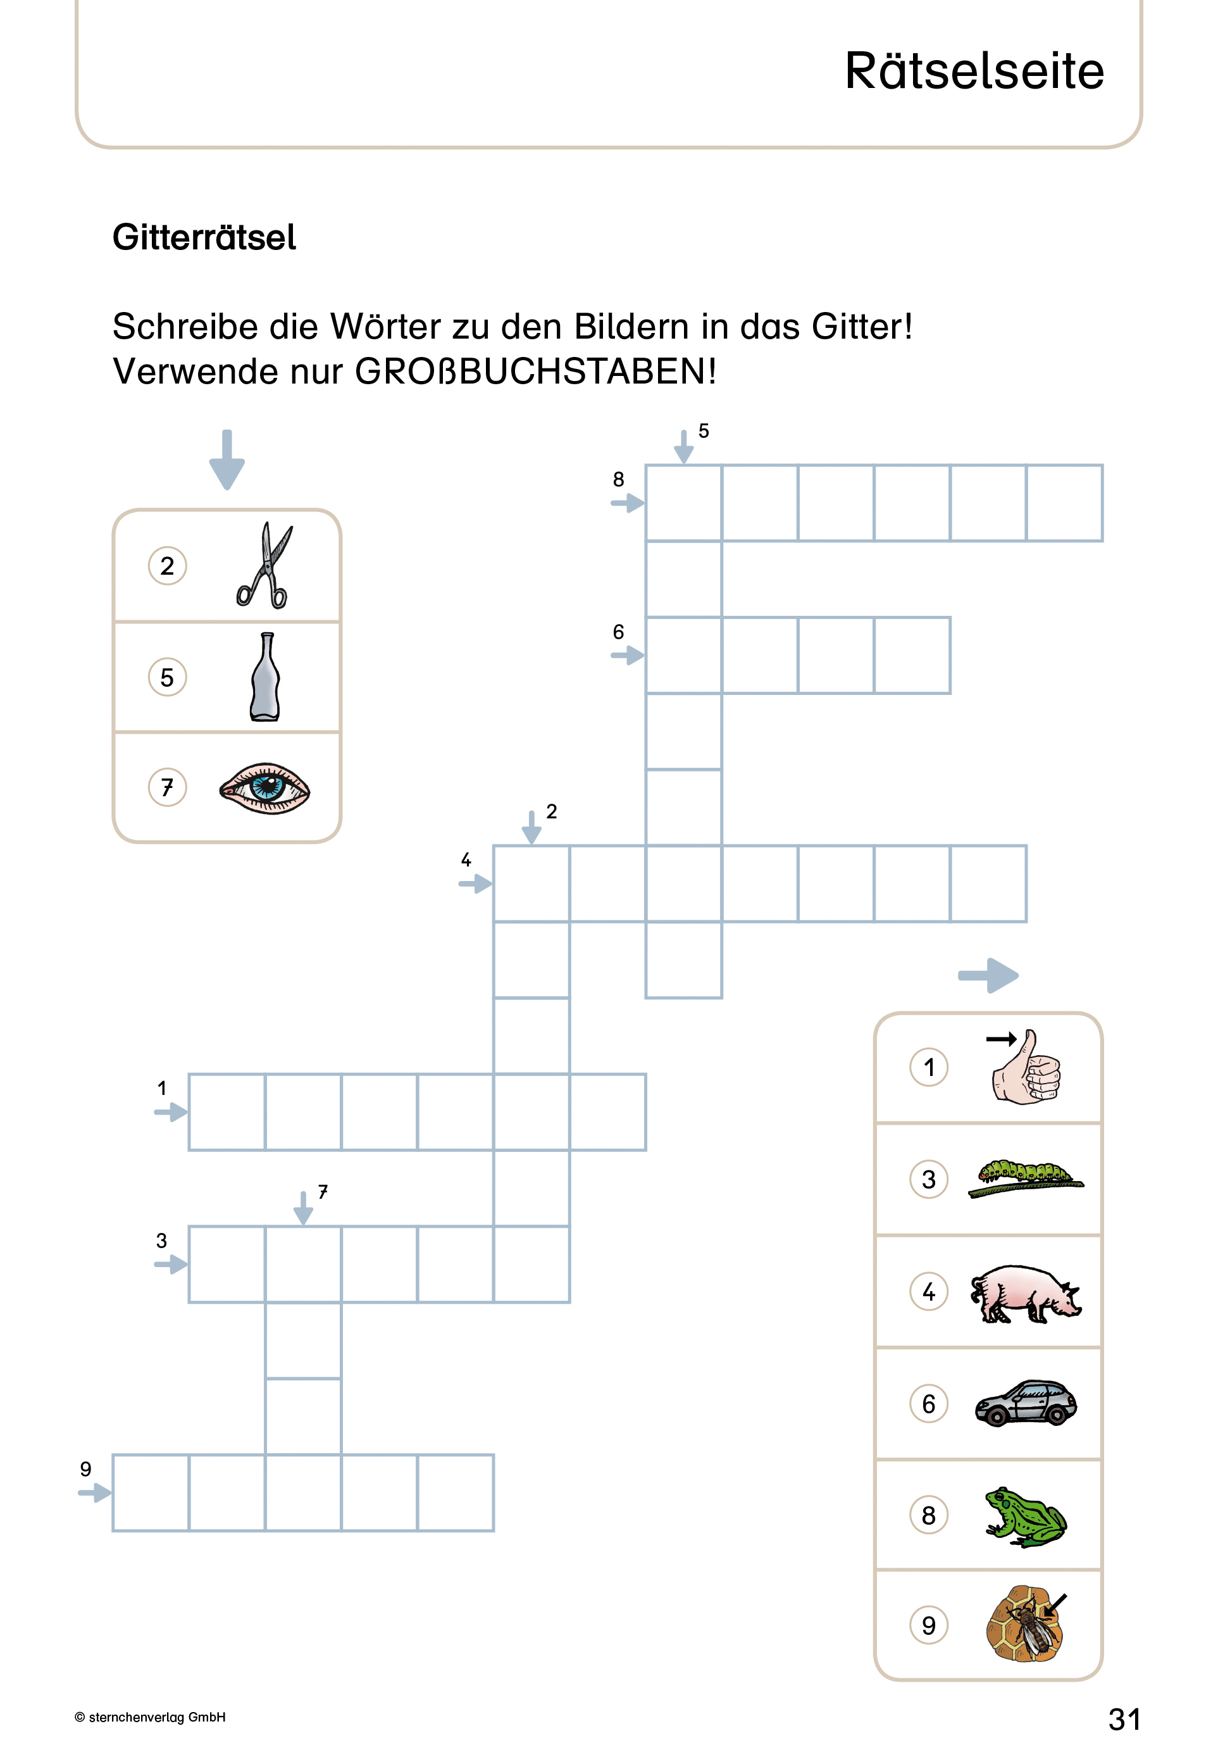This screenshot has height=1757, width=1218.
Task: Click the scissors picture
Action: point(263,566)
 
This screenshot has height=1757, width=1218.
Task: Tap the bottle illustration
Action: point(265,677)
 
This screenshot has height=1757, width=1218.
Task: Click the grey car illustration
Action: point(1026,1403)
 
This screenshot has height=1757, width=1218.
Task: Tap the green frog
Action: point(1026,1516)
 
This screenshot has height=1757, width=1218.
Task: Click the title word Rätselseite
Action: point(974,71)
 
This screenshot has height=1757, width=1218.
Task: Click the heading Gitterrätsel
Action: point(204,237)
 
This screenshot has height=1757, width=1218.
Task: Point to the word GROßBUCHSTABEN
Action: point(534,372)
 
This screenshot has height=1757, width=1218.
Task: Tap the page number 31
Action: point(1124,1719)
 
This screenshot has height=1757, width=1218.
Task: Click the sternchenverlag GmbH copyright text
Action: point(151,1716)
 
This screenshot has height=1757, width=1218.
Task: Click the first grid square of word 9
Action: point(151,1492)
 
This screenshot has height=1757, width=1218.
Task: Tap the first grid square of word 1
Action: point(227,1111)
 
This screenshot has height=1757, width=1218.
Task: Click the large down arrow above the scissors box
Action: point(227,460)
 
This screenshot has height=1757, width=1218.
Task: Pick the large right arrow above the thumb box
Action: point(988,975)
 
